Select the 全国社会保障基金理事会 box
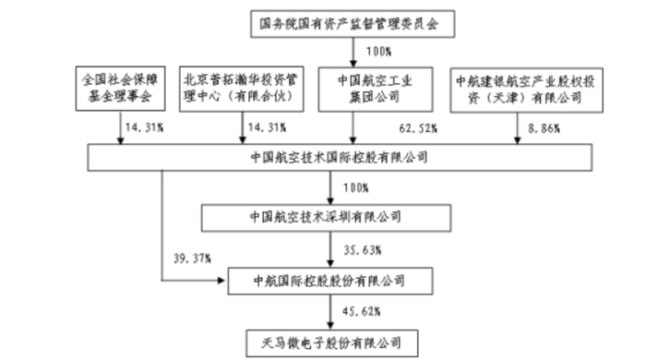click(121, 87)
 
